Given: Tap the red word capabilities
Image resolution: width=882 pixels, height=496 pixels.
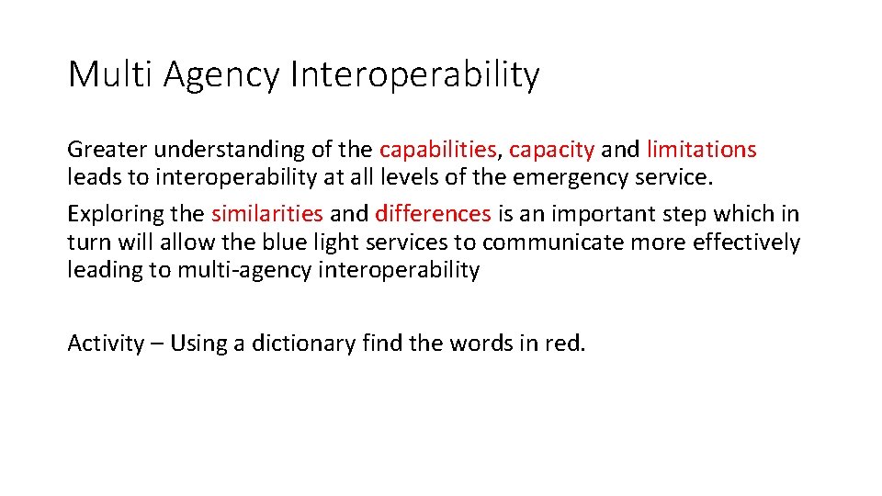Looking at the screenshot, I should [x=437, y=150].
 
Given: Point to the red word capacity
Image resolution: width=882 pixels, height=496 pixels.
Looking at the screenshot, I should [x=551, y=150].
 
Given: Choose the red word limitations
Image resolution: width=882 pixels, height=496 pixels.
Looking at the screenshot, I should [x=701, y=149].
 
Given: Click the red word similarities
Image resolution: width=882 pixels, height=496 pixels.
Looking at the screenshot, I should [x=266, y=214].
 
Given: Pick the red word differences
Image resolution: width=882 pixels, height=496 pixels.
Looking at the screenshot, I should [x=433, y=214].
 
